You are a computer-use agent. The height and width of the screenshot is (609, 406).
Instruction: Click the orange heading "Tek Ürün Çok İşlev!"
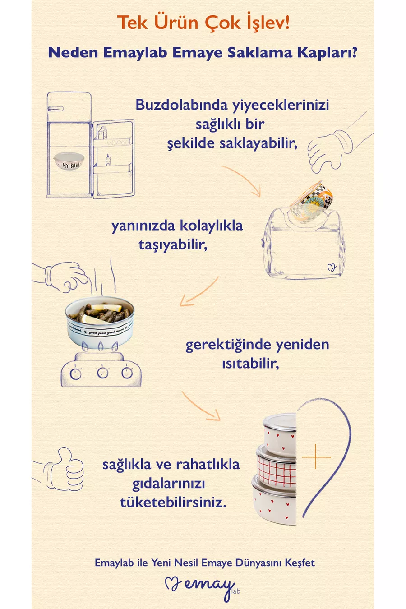[203, 23]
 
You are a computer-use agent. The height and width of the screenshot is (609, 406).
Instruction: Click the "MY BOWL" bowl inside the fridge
[69, 161]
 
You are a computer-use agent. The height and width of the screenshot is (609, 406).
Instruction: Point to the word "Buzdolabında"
[181, 105]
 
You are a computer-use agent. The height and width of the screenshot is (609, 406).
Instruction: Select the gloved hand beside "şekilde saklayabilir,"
[328, 151]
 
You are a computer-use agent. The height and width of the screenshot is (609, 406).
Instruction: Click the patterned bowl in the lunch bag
[311, 202]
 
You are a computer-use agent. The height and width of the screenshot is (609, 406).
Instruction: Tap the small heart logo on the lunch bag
[332, 268]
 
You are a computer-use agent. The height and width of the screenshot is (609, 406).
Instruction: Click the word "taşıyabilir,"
[173, 245]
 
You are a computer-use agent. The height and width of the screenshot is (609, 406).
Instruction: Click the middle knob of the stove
[102, 373]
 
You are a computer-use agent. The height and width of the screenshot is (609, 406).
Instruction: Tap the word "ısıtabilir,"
[250, 364]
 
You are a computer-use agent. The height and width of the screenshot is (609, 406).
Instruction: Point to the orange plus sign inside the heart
[316, 457]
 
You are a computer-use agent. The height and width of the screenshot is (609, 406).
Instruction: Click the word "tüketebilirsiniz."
[173, 502]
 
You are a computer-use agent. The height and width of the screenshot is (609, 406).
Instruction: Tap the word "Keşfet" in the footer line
[300, 563]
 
